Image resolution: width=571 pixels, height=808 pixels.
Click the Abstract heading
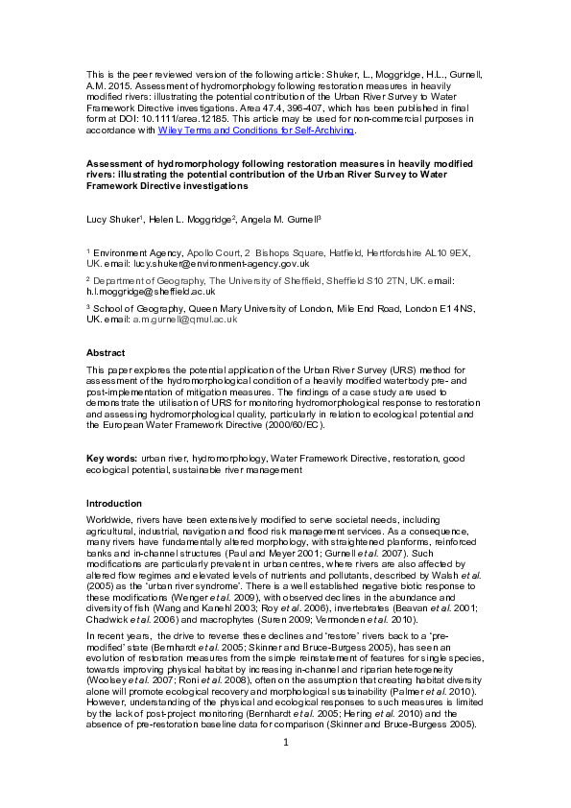106,353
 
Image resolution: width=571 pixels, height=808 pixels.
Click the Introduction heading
114,503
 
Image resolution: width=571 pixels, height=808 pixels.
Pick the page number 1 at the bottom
285,770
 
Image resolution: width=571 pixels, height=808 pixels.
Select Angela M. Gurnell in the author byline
274,220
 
